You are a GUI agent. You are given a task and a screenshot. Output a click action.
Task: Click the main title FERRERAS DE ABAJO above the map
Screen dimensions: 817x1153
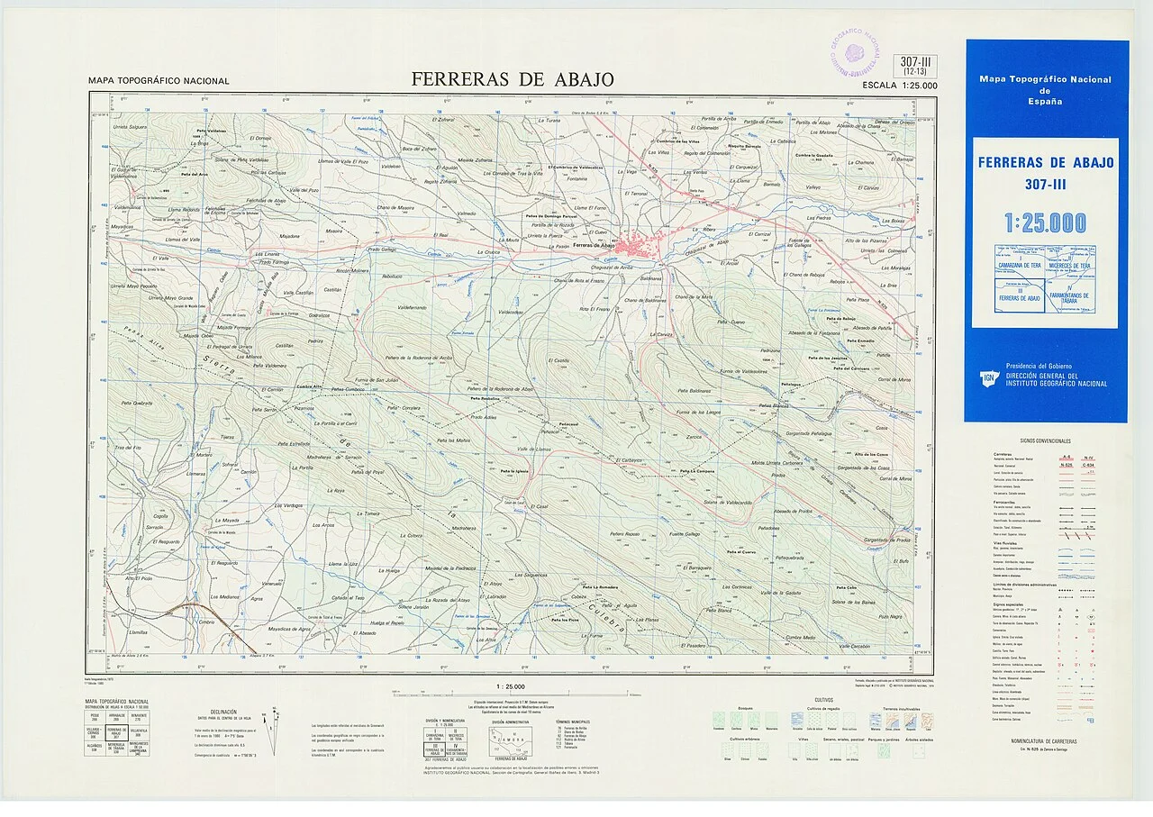coord(513,79)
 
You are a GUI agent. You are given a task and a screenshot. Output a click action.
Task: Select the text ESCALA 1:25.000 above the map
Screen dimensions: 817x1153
coord(899,86)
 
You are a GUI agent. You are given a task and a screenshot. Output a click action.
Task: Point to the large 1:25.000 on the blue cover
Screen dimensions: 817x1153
coord(1046,222)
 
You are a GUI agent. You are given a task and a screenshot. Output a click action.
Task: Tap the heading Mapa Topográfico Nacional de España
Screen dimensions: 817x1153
coord(1045,90)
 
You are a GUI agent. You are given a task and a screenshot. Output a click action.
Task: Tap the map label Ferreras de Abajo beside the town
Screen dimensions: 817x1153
coord(593,245)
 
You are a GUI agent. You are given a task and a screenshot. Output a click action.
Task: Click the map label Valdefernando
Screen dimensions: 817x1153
coord(408,308)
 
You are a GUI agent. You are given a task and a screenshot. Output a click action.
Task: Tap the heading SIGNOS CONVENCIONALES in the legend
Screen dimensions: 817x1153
coord(1045,440)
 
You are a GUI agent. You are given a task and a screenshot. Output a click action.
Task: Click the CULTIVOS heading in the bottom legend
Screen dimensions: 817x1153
coord(823,699)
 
